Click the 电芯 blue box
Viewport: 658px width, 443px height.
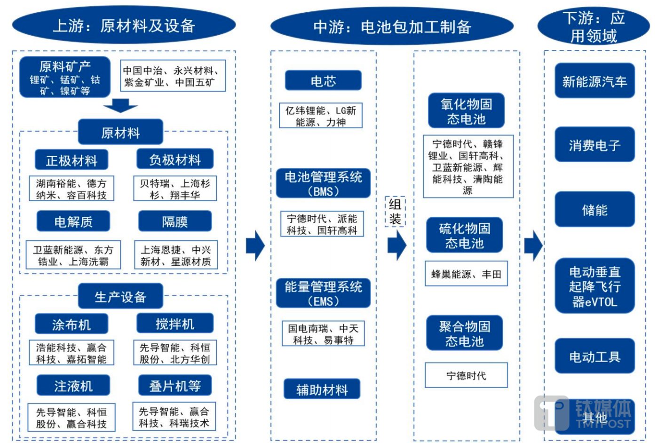click(323, 80)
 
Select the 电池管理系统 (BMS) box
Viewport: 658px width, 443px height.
click(323, 183)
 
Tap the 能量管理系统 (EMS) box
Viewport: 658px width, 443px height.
click(323, 293)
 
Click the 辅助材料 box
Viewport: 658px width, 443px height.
click(322, 389)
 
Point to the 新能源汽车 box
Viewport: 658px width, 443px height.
click(595, 81)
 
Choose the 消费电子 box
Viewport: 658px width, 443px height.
click(595, 145)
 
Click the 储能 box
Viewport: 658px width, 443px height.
click(595, 210)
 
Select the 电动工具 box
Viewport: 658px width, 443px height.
click(595, 356)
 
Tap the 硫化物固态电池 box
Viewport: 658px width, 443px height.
click(465, 235)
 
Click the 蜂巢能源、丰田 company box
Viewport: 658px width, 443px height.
click(466, 274)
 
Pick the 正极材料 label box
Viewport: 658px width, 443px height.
click(71, 160)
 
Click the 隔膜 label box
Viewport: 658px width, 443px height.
click(175, 221)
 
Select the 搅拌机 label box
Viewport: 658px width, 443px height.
click(175, 324)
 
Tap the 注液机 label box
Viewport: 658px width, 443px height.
click(73, 386)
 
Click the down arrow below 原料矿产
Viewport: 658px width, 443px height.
click(120, 106)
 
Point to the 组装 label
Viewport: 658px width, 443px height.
click(395, 212)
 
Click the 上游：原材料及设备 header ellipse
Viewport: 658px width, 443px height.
click(124, 25)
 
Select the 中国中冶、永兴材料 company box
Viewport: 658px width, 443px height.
click(173, 76)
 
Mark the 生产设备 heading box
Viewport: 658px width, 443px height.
click(120, 296)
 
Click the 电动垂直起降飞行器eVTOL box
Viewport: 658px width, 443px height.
click(595, 286)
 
